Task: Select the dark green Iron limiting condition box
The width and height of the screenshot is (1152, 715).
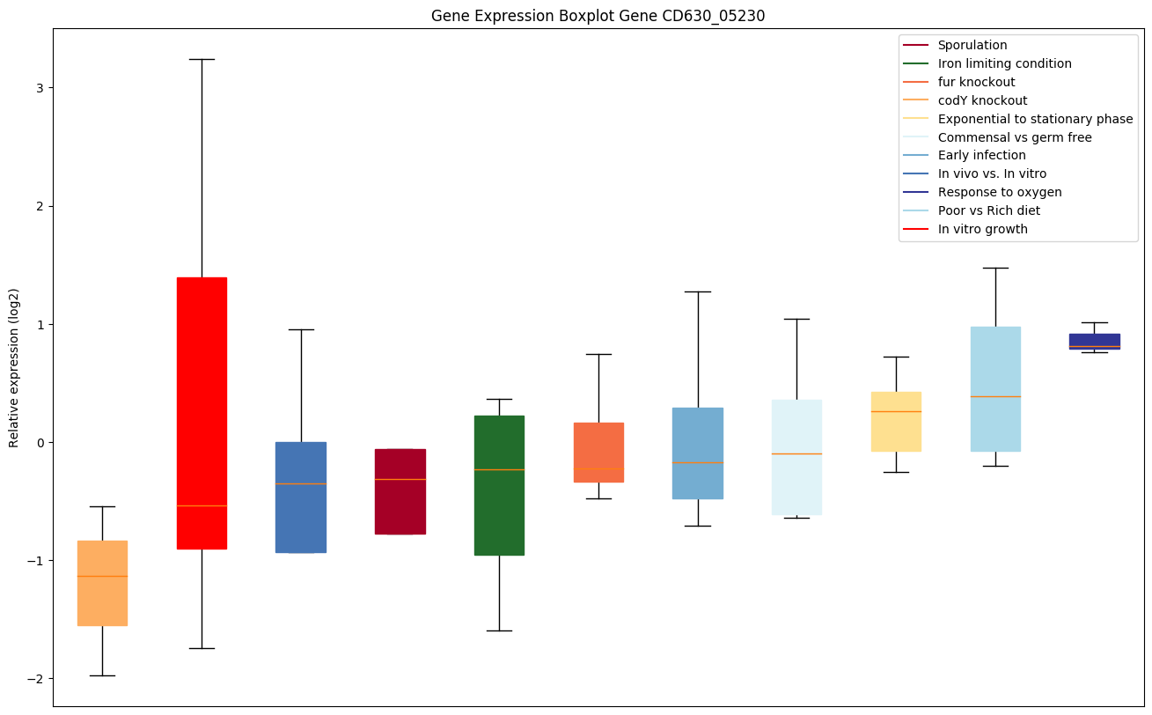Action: click(499, 485)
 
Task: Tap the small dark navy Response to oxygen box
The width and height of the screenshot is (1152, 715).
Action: click(1094, 341)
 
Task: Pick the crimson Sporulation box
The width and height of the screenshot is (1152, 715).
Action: click(400, 491)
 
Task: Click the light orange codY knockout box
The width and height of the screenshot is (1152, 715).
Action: click(102, 583)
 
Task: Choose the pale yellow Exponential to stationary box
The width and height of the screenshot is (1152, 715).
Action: click(896, 422)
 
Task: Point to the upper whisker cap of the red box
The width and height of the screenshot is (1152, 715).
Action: click(202, 59)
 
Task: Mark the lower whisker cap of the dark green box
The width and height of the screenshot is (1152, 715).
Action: click(499, 630)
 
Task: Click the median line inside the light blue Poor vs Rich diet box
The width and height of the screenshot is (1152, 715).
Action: click(995, 396)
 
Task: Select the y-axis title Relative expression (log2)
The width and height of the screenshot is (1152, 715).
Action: click(14, 368)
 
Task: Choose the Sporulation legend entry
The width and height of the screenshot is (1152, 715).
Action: click(972, 45)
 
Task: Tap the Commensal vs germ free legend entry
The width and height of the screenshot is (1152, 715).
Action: click(1015, 137)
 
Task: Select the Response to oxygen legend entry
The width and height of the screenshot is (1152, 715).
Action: click(1000, 192)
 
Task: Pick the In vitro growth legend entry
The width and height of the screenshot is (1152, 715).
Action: click(982, 229)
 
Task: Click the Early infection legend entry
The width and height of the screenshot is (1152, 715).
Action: click(981, 156)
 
